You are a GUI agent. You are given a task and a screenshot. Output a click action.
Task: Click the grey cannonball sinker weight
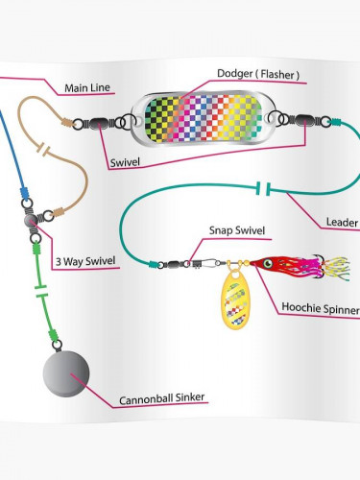click(66, 373)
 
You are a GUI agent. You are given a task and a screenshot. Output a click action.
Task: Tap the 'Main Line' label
click(87, 87)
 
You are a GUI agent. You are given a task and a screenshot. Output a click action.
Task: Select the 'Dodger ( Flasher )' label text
click(258, 74)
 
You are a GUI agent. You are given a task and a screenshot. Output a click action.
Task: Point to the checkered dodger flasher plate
click(203, 119)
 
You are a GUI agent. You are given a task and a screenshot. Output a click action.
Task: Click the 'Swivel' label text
click(125, 162)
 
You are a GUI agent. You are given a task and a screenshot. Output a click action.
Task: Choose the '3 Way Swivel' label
click(85, 261)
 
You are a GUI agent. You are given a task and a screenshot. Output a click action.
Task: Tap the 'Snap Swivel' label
click(237, 230)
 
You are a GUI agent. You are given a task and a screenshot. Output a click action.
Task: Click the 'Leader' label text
click(342, 222)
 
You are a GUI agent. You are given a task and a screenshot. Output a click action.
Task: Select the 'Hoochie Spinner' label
click(321, 307)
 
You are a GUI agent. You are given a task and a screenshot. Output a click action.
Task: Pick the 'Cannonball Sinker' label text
click(161, 398)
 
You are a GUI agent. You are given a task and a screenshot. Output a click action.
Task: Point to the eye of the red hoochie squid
click(268, 264)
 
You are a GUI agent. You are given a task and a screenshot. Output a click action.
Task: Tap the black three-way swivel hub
click(32, 220)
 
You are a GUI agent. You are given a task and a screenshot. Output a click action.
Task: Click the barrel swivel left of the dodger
click(99, 123)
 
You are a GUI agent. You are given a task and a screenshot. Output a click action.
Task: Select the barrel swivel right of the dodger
click(305, 120)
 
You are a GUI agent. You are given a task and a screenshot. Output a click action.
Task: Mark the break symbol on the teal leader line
click(263, 189)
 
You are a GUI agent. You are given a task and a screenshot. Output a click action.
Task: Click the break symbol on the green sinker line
click(40, 291)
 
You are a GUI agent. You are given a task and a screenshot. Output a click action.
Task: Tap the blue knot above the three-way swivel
click(24, 193)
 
